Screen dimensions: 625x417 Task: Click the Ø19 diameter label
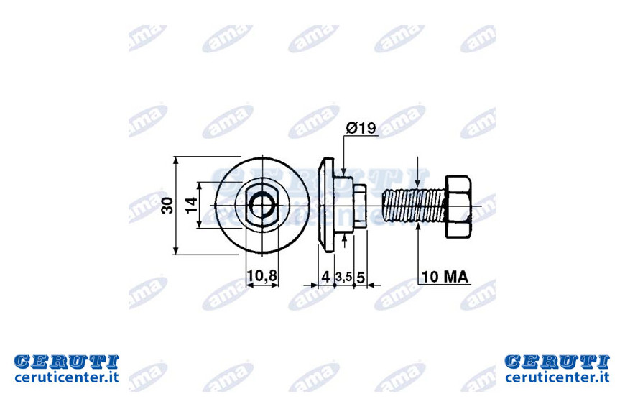361,128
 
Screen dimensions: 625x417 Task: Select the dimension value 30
167,206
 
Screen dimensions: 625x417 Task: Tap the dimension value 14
192,205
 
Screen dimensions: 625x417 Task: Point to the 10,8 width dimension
262,276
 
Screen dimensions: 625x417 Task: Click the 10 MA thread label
445,277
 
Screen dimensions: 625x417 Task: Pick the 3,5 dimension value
343,277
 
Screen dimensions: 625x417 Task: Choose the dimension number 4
325,277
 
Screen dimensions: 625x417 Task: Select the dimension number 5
361,277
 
